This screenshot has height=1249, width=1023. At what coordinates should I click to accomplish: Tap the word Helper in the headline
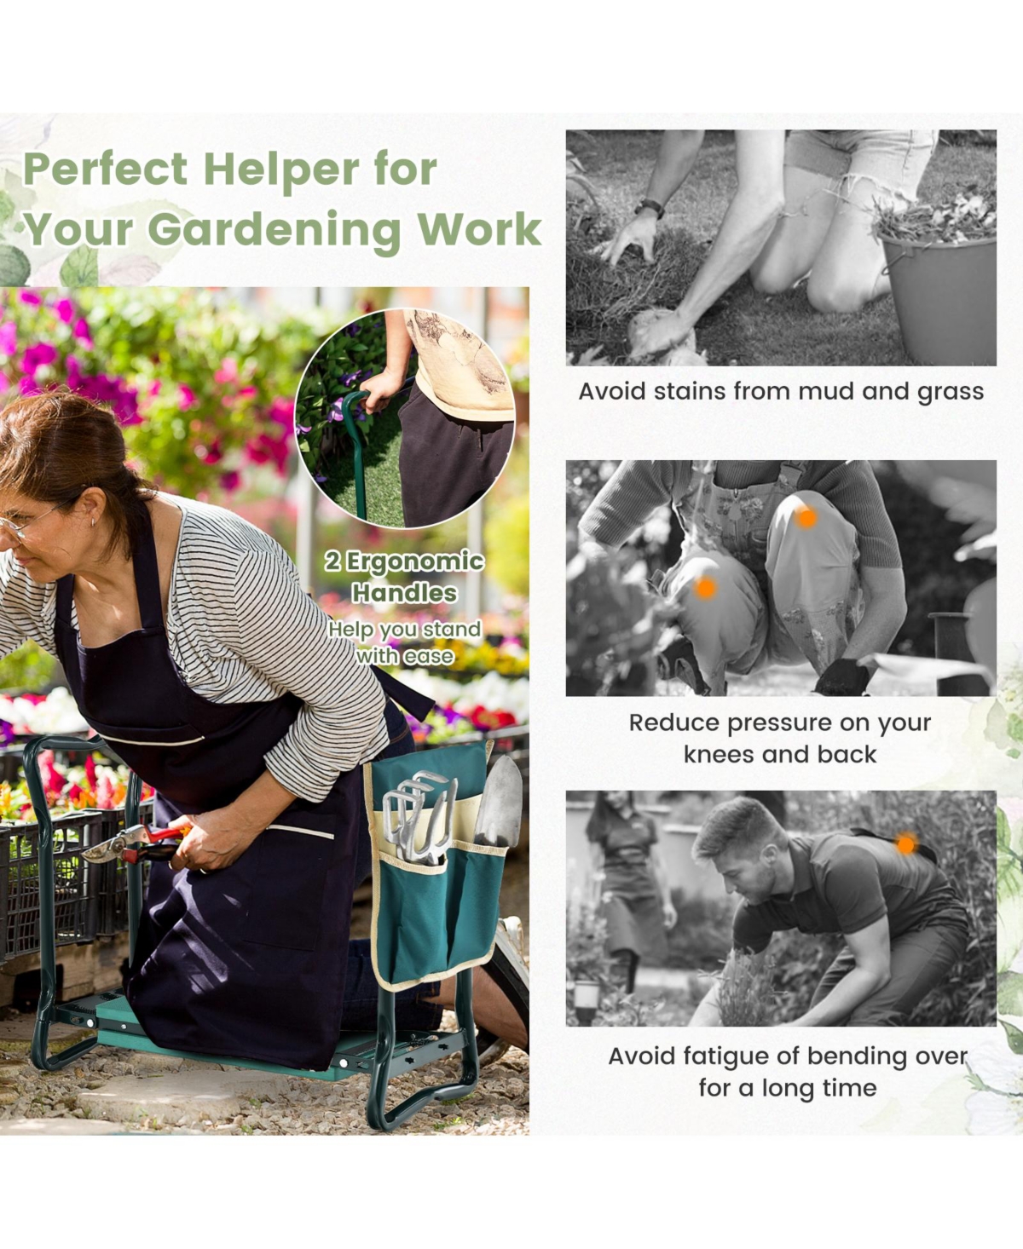pos(281,170)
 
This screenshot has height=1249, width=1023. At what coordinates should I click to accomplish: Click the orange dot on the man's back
pos(905,844)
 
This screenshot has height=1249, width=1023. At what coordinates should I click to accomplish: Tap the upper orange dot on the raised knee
pos(806,518)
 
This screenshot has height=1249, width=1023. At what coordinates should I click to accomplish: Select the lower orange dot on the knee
pos(705,588)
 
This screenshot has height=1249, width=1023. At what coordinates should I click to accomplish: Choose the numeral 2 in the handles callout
pos(332,561)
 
